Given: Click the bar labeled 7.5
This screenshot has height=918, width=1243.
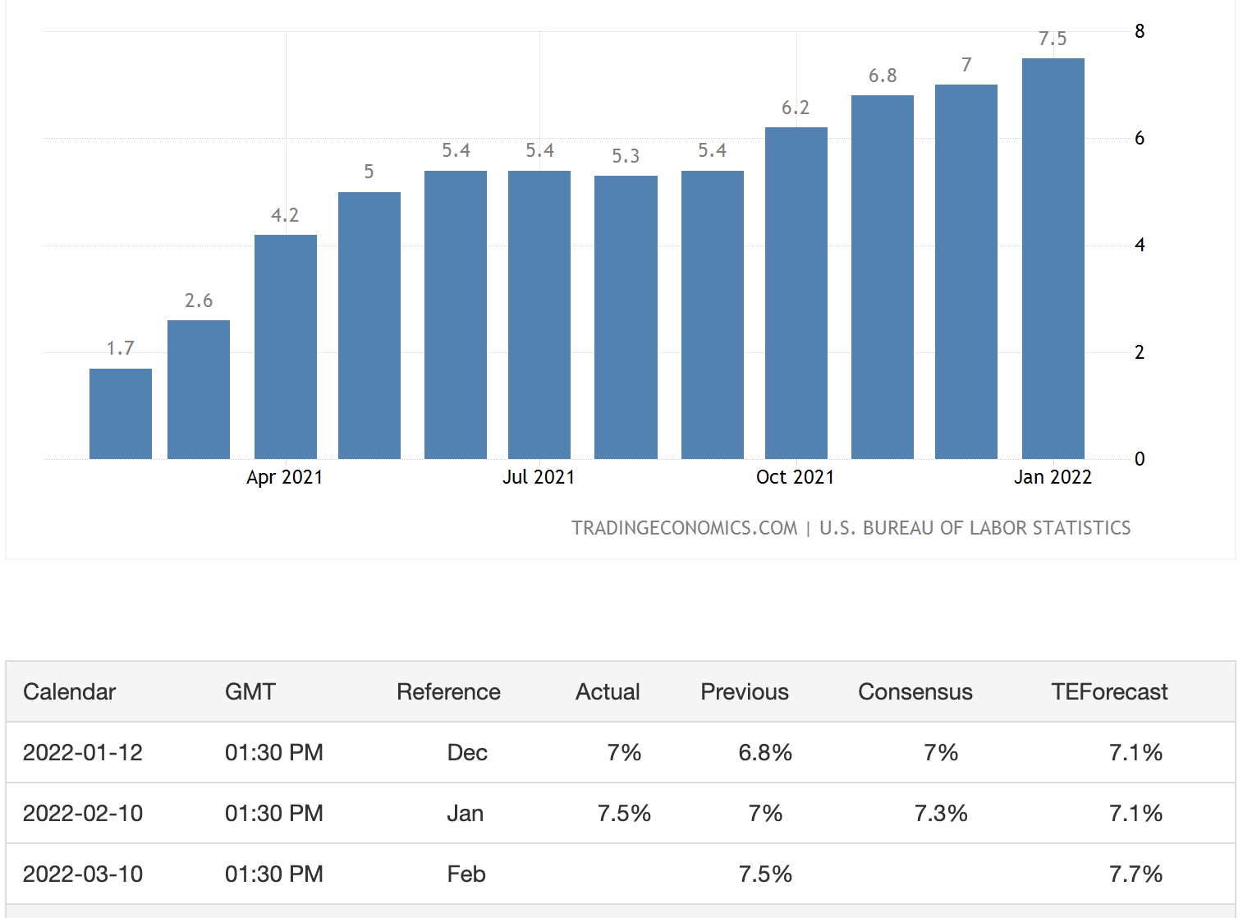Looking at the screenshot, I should tap(1053, 258).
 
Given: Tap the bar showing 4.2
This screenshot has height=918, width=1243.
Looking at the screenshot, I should tap(285, 347).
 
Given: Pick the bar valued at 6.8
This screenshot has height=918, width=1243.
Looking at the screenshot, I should tap(882, 277).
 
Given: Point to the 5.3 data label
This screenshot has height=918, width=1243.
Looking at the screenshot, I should tap(626, 156).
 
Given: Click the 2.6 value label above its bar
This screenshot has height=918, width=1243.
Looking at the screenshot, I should tap(199, 301).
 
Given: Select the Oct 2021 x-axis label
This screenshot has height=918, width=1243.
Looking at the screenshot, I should tap(795, 477).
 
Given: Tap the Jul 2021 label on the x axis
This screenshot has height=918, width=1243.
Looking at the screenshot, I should tap(539, 477).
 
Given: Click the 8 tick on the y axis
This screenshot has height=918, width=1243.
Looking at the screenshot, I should tap(1140, 31).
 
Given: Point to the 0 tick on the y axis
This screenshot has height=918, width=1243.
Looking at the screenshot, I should tap(1140, 459).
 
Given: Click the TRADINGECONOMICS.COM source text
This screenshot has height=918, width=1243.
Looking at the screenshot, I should tap(684, 528).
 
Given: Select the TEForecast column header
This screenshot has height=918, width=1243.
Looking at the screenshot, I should tap(1109, 692).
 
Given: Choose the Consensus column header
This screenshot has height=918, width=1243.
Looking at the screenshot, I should tap(915, 692).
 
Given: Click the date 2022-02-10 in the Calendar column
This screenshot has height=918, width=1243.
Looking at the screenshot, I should tap(83, 814).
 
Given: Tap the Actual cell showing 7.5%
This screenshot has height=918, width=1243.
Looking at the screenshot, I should tap(624, 814).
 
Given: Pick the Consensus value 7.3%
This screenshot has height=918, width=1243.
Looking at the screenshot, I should tap(941, 814).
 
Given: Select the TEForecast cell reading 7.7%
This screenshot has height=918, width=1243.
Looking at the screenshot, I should tap(1135, 874).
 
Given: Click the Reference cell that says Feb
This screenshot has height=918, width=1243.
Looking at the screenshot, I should tap(466, 874).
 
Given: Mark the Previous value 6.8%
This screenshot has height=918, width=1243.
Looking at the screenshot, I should tap(765, 753).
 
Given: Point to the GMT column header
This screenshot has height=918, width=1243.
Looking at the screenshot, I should tap(250, 692).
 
